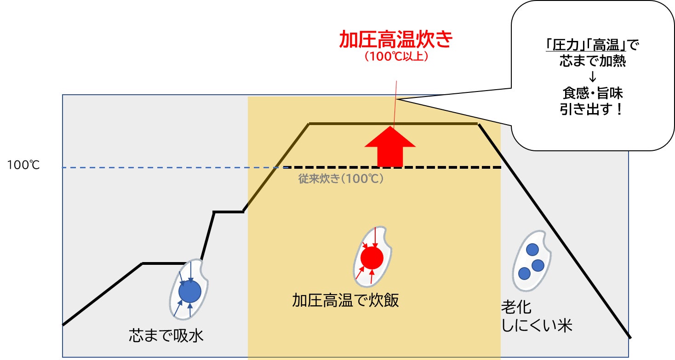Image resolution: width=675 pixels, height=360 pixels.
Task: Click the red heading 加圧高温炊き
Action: coord(396,40)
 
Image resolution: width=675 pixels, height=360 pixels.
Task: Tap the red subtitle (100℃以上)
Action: coord(396,57)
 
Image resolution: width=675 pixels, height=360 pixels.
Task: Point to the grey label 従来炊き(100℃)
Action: coord(341,179)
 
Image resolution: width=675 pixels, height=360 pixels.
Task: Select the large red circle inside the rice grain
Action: coord(372,258)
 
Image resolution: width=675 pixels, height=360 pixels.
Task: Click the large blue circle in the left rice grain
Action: coord(190,291)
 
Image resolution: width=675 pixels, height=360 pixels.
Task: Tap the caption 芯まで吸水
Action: coord(166,336)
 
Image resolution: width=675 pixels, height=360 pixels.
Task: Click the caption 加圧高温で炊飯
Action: coord(345,300)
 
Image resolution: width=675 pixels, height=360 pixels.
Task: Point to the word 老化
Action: coord(516,308)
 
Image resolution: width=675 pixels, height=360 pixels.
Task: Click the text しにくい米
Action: coord(536,326)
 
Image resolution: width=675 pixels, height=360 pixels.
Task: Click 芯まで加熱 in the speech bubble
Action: coord(592,61)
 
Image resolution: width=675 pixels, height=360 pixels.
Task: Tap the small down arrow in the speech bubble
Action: coord(592,77)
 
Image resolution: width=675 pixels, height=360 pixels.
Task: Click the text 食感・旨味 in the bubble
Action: coord(592,93)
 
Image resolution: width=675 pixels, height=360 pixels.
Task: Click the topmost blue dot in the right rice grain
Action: coord(532,250)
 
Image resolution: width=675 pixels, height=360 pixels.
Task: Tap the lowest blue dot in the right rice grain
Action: coord(524,274)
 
